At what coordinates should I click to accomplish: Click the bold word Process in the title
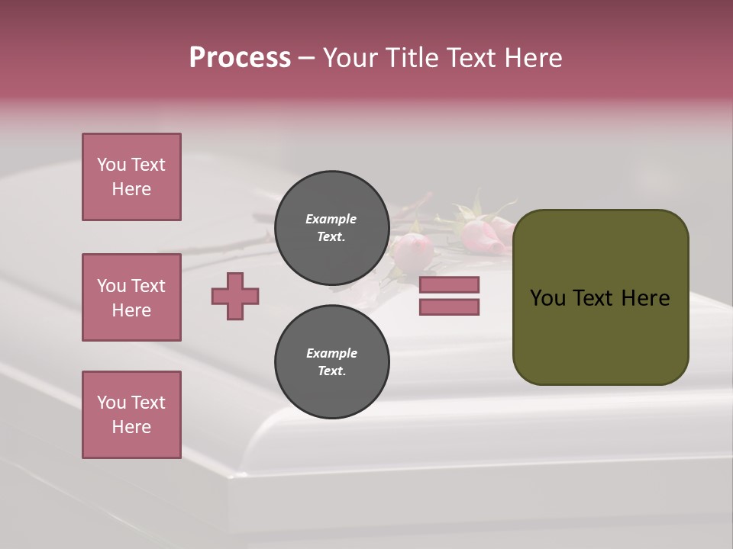point(240,57)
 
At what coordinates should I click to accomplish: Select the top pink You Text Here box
point(131,177)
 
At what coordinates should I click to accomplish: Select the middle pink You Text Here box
point(131,297)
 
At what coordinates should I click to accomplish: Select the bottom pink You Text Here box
point(131,415)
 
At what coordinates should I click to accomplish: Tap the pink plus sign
point(235,296)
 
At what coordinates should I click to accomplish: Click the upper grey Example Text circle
point(331,227)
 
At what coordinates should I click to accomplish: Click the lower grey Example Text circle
point(331,361)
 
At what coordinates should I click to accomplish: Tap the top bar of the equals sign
point(449,284)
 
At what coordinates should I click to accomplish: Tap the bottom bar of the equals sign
point(449,307)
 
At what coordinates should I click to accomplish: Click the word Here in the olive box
point(645,297)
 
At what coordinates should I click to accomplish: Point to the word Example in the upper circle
point(331,219)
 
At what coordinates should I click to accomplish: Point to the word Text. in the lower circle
point(331,371)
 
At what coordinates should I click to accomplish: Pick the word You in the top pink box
point(111,165)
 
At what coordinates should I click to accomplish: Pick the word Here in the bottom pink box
point(131,427)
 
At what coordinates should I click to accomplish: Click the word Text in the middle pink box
point(147,286)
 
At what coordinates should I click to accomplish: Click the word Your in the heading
point(352,57)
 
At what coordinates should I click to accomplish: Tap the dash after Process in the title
point(306,58)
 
